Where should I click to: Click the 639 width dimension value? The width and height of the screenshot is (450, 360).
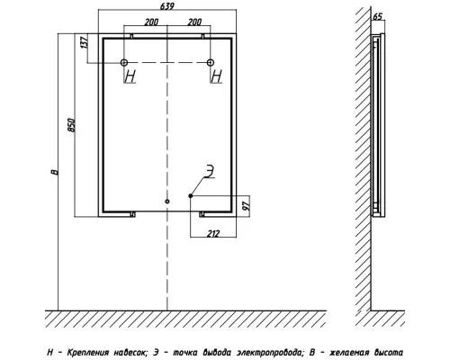tap(167, 6)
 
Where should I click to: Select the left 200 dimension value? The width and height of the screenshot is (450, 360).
tap(151, 22)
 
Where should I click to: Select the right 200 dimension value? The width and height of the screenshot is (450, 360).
tap(194, 22)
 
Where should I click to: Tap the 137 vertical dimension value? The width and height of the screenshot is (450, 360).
tap(85, 42)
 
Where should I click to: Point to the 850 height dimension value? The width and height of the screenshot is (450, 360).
tap(71, 125)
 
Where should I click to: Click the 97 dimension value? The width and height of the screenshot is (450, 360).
tap(246, 205)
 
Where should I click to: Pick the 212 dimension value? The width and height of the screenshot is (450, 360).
tap(213, 233)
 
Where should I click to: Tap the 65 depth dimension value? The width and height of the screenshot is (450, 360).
tap(378, 16)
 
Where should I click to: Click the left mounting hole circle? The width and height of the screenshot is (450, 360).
tap(124, 62)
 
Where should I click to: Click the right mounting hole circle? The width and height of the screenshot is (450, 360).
tap(211, 62)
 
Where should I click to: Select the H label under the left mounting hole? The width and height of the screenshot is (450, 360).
tap(130, 76)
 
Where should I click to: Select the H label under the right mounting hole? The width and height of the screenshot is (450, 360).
tap(217, 76)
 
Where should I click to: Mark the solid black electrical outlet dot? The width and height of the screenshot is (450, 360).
tap(191, 196)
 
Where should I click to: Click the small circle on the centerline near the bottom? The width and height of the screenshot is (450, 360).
tap(167, 202)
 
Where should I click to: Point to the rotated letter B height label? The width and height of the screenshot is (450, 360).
tap(55, 172)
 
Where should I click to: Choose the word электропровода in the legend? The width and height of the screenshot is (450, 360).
tap(269, 352)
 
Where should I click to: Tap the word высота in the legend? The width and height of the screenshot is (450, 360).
tap(389, 352)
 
